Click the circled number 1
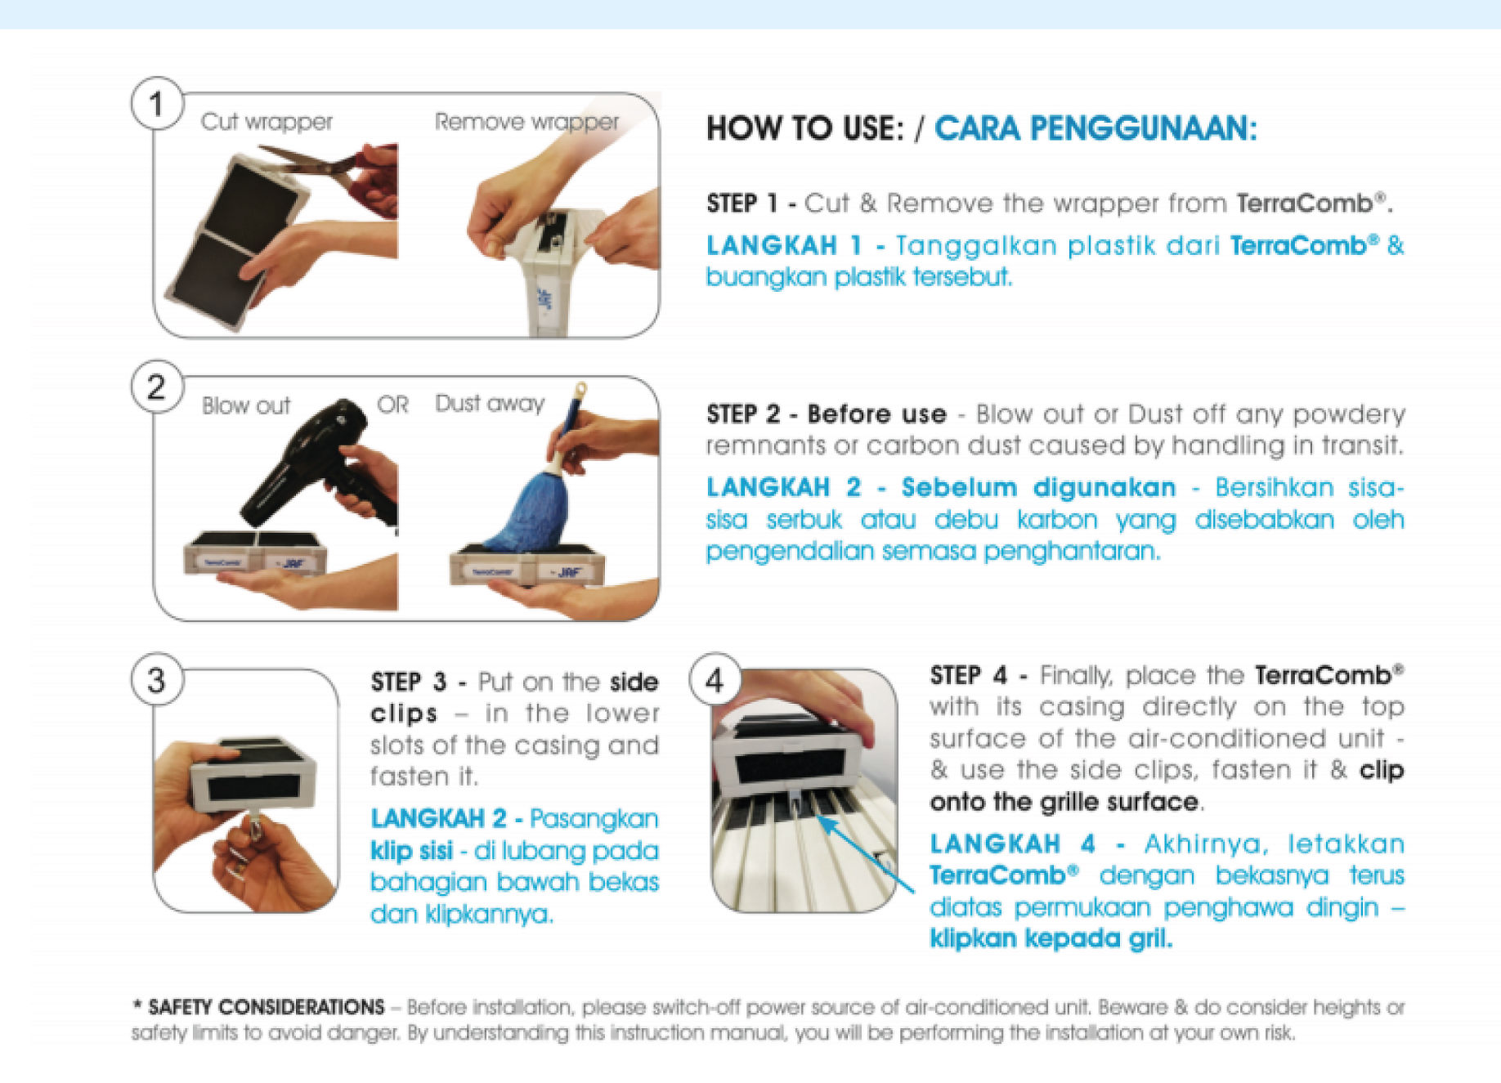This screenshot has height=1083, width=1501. click(156, 104)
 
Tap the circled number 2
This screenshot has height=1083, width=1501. click(156, 387)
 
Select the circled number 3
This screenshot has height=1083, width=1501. click(156, 680)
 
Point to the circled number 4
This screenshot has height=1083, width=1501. click(715, 680)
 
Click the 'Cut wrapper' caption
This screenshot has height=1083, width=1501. click(267, 122)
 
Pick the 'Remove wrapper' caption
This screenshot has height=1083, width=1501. click(527, 122)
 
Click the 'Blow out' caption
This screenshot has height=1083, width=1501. click(246, 405)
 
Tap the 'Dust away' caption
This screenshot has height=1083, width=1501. click(490, 404)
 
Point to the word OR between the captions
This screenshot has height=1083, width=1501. click(392, 405)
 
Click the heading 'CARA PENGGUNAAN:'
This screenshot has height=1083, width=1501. click(1096, 128)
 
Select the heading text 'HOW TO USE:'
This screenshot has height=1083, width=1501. click(805, 128)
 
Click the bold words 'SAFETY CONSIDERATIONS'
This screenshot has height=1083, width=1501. click(267, 1007)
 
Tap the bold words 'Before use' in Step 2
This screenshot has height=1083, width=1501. click(876, 414)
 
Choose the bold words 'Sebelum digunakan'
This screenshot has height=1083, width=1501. click(1038, 488)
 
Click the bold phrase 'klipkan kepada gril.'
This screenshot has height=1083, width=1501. click(1051, 938)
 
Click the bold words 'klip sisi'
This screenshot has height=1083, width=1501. click(411, 851)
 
